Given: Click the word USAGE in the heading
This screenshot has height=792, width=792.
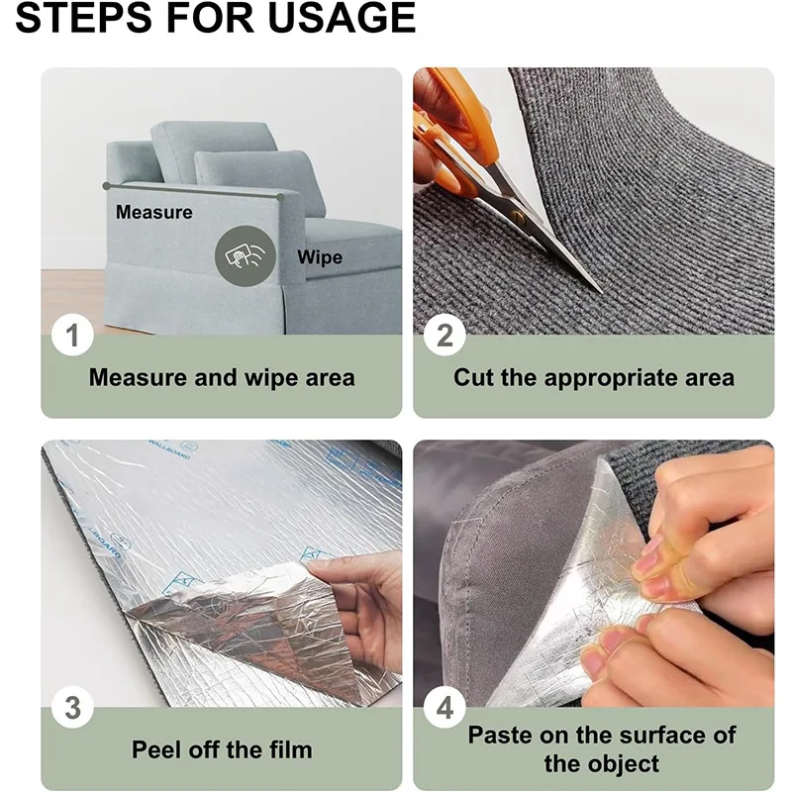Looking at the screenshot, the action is [x=342, y=18].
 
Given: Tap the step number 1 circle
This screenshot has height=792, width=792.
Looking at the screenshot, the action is [x=72, y=335].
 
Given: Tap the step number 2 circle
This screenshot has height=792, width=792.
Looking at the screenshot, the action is [x=445, y=335].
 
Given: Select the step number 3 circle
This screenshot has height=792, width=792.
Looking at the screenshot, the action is [x=72, y=707].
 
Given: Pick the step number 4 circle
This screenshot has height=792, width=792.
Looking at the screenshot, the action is [x=445, y=707].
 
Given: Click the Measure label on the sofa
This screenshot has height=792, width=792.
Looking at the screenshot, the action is [x=154, y=212].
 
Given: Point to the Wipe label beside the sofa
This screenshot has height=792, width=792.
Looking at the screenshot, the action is [x=320, y=257].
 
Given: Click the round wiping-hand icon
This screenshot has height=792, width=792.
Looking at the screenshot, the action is [x=245, y=255].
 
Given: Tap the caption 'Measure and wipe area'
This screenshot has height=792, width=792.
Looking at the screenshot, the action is [x=222, y=377].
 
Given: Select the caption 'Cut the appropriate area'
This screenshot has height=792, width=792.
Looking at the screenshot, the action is [x=594, y=377].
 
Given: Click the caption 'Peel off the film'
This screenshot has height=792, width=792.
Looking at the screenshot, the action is [x=222, y=749].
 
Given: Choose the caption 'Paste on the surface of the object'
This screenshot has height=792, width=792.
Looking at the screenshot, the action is [x=602, y=749].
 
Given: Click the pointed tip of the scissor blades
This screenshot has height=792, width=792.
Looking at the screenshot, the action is [x=602, y=292].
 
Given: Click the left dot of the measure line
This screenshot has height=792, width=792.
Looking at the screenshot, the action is [x=106, y=186].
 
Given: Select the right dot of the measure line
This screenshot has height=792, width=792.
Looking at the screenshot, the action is [x=280, y=196].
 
